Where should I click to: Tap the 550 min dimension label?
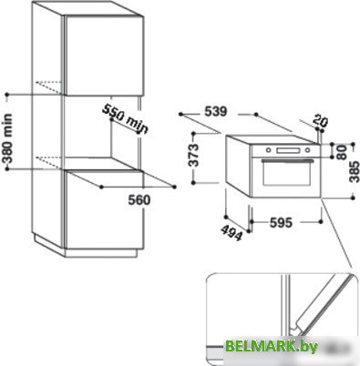click(x=124, y=118)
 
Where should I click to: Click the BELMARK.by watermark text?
click(x=298, y=348)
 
